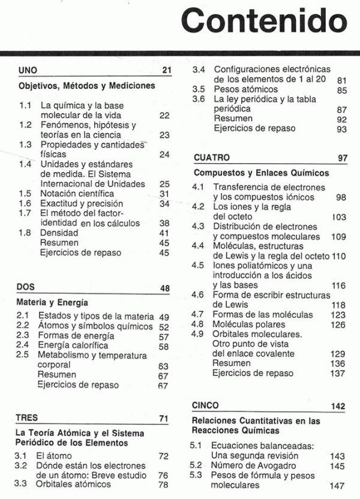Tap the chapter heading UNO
pos(29,71)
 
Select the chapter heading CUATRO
pos(212,158)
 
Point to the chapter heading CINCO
pos(205,405)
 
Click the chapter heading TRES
pos(28,418)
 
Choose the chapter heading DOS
pos(26,287)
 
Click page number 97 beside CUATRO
pos(343,158)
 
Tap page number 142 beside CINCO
pos(338,406)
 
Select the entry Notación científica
pos(77,194)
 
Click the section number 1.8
pos(25,233)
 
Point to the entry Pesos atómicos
pos(245,89)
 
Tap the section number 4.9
pos(198,334)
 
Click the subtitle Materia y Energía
pos(52,302)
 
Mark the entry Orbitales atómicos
pos(75,485)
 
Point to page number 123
pos(338,315)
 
